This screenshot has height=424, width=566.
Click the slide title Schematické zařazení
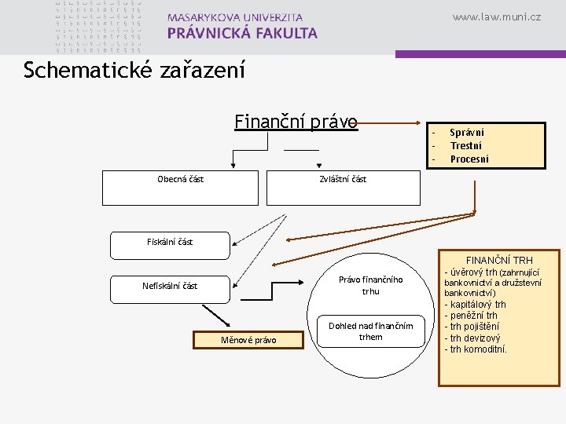(x=134, y=71)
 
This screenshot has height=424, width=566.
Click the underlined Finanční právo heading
(x=296, y=122)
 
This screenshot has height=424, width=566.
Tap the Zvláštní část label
(x=343, y=179)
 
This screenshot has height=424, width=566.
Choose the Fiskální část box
(x=170, y=244)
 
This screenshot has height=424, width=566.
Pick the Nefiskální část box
(x=170, y=287)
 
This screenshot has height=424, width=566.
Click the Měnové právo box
(x=248, y=340)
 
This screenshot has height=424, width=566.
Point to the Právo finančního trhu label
(x=370, y=286)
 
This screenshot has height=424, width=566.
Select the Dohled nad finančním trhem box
(x=370, y=331)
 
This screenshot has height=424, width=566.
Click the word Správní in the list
(x=467, y=133)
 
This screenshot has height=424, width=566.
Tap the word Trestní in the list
(x=466, y=145)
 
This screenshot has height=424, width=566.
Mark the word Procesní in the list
(x=469, y=159)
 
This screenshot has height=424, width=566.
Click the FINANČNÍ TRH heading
(x=499, y=260)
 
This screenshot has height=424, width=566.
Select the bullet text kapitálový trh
(x=477, y=304)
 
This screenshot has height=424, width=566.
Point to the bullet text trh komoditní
(x=478, y=349)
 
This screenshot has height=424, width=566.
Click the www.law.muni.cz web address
(x=497, y=16)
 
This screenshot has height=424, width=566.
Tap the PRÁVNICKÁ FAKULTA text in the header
(x=242, y=33)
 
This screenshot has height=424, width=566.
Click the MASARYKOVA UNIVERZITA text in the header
(x=234, y=16)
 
